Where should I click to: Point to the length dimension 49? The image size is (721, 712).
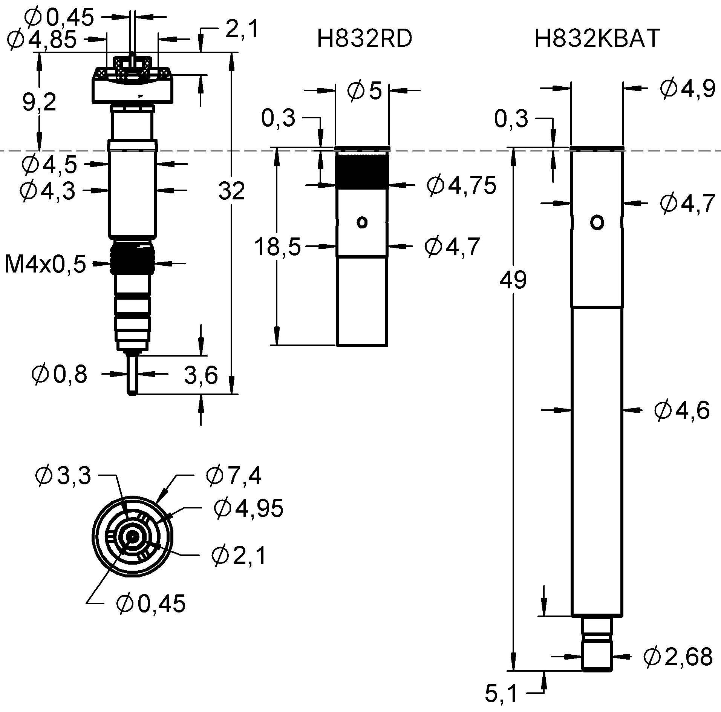click(512, 280)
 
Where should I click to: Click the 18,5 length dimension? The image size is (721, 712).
click(277, 247)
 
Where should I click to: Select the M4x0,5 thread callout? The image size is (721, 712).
click(45, 264)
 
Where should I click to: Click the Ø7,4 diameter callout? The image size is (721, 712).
click(233, 475)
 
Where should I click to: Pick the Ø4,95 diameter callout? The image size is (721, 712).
click(248, 508)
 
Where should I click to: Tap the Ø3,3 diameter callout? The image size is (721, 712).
click(63, 475)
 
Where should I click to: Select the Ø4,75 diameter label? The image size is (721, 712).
click(461, 185)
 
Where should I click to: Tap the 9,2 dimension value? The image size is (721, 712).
click(39, 102)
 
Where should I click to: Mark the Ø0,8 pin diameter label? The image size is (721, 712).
click(60, 374)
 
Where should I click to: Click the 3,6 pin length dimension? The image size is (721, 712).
click(201, 375)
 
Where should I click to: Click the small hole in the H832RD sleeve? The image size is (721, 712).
click(362, 222)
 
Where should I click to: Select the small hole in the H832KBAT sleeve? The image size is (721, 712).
click(597, 222)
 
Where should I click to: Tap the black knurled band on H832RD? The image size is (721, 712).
click(362, 171)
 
